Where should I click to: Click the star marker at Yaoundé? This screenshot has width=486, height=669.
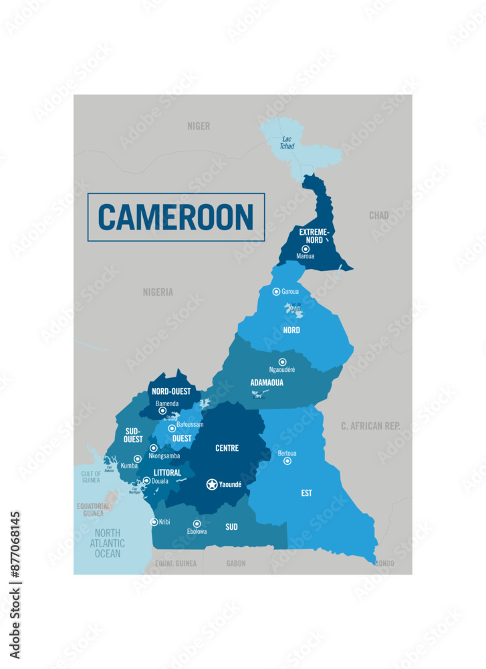212,484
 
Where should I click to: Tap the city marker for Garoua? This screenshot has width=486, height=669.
276,292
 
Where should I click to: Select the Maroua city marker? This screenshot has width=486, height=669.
306,249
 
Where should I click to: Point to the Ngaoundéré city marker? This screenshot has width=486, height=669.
282,362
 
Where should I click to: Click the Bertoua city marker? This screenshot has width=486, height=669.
287,461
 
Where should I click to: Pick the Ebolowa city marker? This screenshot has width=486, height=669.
197,524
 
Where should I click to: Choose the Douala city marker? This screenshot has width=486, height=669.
146,480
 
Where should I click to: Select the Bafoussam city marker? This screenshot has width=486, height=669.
172,429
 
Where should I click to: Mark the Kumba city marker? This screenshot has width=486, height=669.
138,459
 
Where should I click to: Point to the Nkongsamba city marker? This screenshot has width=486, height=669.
154,448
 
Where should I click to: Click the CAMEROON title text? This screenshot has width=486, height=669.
176,217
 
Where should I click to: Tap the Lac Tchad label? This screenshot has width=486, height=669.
287,142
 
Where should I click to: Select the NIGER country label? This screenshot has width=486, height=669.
199,126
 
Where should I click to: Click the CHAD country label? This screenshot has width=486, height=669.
379,215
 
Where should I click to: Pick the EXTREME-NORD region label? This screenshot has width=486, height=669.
314,235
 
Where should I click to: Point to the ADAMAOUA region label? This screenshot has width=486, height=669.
267,383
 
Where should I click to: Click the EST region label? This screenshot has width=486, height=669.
306,493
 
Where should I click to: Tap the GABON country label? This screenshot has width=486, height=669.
236,564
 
